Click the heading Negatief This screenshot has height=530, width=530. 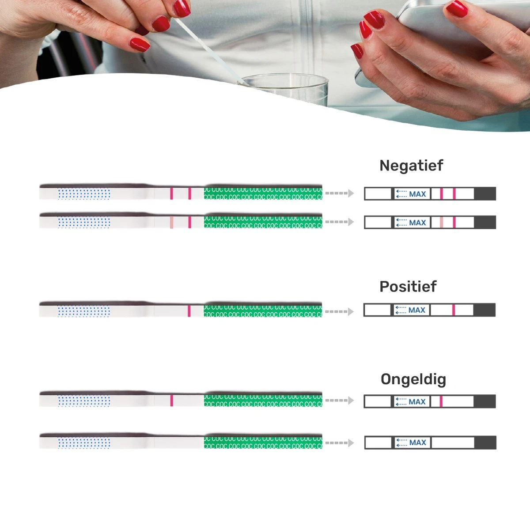click(x=411, y=166)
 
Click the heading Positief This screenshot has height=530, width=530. click(x=408, y=287)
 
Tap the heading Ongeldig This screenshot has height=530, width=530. click(x=413, y=379)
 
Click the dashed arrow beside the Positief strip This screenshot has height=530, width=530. click(x=339, y=311)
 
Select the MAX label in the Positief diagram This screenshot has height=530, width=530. click(x=416, y=310)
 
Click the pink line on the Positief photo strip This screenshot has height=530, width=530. click(x=189, y=310)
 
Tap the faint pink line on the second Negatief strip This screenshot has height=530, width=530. click(x=171, y=222)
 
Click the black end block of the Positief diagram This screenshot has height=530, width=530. click(x=485, y=310)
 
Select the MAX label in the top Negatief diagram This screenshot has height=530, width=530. click(x=417, y=194)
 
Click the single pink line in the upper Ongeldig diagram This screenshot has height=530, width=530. click(x=441, y=401)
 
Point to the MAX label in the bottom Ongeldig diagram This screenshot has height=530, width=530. click(x=417, y=443)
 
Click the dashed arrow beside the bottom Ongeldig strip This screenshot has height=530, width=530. click(x=339, y=443)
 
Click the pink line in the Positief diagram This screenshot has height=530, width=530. click(x=454, y=310)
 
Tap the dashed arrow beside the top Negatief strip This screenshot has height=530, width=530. click(x=339, y=193)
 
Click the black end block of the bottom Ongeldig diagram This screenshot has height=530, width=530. click(x=485, y=443)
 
